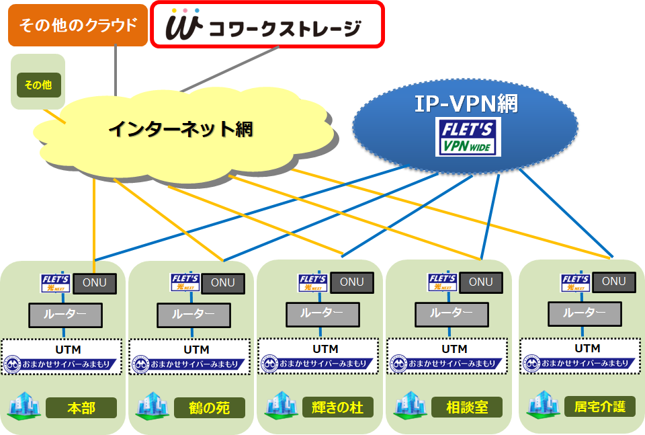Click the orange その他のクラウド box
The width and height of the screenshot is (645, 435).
click(x=78, y=26)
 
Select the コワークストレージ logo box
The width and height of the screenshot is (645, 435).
click(x=267, y=25)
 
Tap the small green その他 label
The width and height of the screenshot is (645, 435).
click(x=38, y=85)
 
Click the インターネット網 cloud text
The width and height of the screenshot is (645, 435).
click(x=181, y=128)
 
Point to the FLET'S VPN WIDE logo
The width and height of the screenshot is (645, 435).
click(x=468, y=137)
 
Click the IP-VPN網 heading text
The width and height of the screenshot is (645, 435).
click(x=466, y=102)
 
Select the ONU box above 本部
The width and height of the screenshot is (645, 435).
click(x=94, y=283)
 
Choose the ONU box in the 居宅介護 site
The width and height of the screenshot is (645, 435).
click(x=613, y=282)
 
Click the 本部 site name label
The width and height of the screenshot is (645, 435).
click(x=81, y=407)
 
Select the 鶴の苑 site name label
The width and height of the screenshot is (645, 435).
click(x=209, y=407)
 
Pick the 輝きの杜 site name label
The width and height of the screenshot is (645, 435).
click(x=338, y=407)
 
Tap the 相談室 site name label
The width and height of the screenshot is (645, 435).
click(x=468, y=407)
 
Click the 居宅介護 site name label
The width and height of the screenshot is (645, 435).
click(x=599, y=407)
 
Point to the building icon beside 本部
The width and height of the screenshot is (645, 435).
click(x=24, y=406)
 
